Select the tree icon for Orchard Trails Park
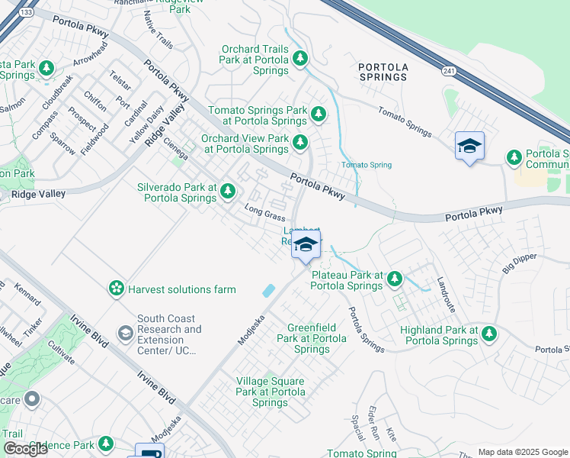click(x=300, y=57)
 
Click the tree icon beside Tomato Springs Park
click(x=319, y=115)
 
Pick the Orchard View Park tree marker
click(x=300, y=142)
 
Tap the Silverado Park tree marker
click(x=229, y=192)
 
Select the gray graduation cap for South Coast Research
click(x=124, y=334)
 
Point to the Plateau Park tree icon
click(x=394, y=279)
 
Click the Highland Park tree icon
click(x=488, y=334)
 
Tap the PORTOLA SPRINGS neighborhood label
click(x=383, y=72)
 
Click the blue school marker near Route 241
click(x=469, y=146)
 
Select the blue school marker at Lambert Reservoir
click(x=306, y=245)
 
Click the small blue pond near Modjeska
click(x=268, y=291)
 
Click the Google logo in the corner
click(x=26, y=449)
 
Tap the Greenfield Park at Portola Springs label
click(x=311, y=337)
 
